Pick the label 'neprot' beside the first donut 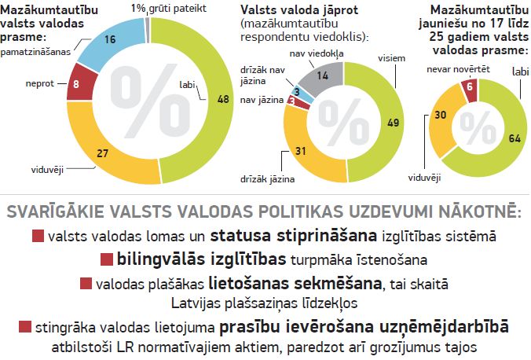click(39, 82)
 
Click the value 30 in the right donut click(441, 115)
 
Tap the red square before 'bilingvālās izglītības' click(108, 260)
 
